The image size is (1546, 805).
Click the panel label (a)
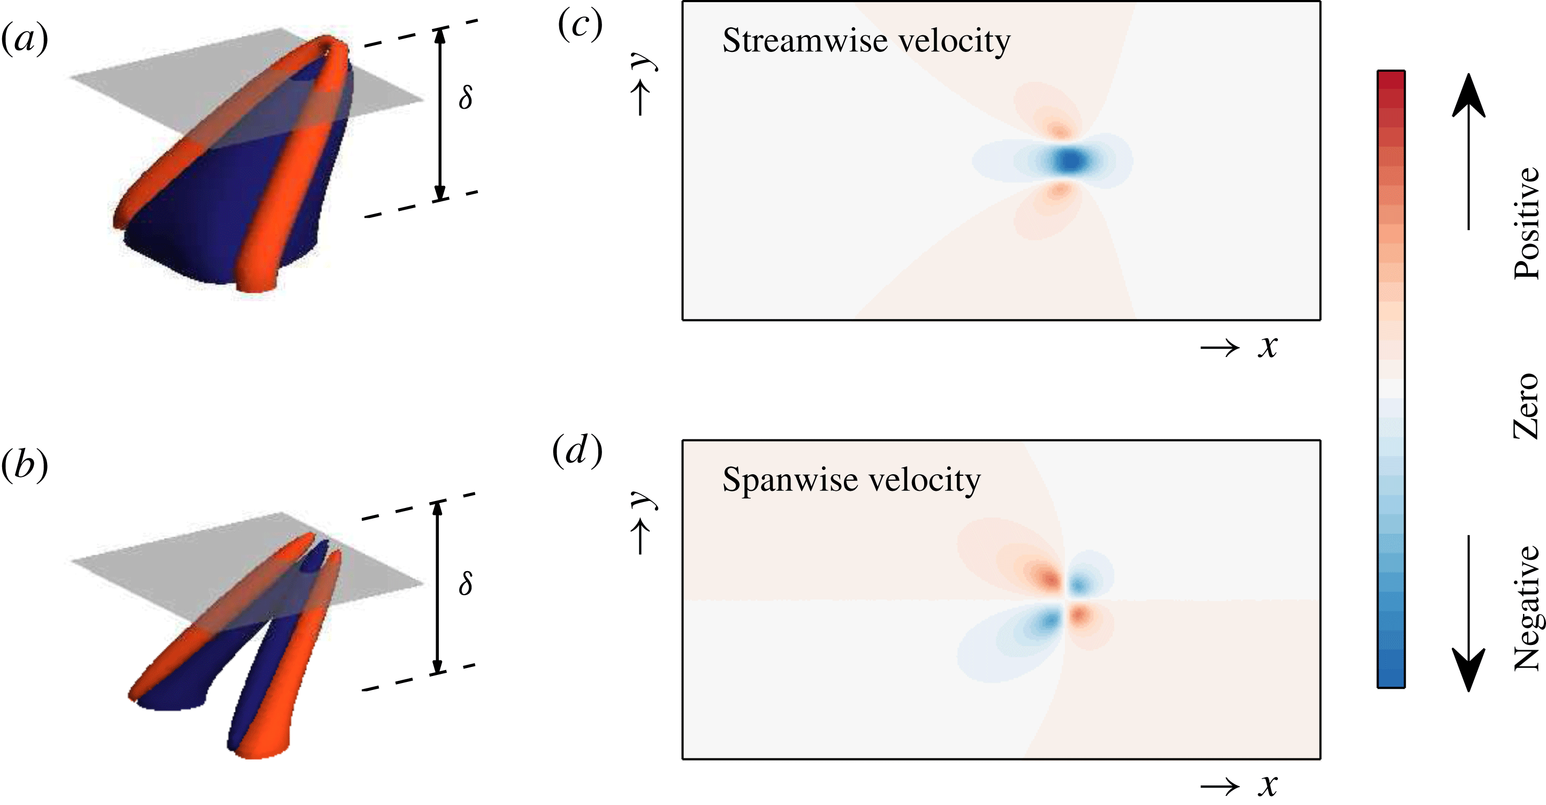click(24, 39)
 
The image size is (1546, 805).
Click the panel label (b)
click(24, 465)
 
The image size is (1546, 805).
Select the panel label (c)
click(580, 25)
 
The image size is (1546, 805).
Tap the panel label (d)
click(577, 451)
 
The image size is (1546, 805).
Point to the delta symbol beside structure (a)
click(466, 97)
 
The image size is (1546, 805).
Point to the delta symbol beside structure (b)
click(466, 582)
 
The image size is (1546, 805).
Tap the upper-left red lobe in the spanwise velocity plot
click(1047, 577)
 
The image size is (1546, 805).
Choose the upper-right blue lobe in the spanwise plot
click(1081, 582)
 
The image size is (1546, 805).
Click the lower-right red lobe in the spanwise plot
click(1081, 614)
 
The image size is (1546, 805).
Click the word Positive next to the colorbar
click(1527, 223)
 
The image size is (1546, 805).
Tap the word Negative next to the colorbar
click(1527, 607)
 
